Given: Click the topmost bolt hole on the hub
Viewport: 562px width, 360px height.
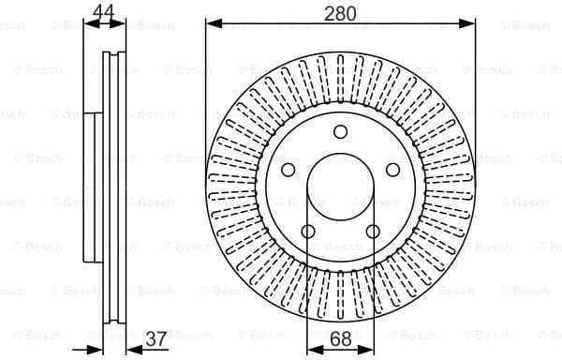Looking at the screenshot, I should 340,131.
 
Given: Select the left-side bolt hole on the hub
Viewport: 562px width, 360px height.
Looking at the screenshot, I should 288,170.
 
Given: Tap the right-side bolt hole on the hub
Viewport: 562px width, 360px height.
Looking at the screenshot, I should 392,170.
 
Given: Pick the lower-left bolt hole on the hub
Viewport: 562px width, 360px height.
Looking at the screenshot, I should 308,231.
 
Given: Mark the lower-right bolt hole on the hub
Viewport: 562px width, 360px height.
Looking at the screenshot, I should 373,231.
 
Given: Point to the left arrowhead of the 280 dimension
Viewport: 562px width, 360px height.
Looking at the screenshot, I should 210,22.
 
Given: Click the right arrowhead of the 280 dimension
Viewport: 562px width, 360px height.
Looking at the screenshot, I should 472,22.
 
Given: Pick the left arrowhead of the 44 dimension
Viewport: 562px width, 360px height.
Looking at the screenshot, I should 88,22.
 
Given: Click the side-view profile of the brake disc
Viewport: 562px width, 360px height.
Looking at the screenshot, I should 110,187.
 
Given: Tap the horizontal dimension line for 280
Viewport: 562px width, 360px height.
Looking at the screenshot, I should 281,22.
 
